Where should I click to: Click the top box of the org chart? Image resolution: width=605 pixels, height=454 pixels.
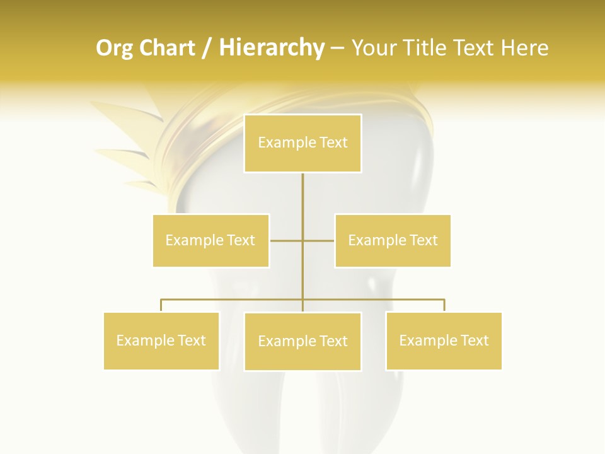coord(302,143)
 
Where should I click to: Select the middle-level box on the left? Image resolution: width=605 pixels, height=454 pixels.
coord(210,240)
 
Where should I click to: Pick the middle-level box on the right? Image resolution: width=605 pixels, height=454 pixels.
coord(393,240)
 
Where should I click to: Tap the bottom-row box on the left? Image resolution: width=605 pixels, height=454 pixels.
coord(161,340)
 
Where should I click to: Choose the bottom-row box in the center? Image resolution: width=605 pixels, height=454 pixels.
coord(302,341)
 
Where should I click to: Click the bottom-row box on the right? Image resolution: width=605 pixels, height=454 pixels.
coord(444,340)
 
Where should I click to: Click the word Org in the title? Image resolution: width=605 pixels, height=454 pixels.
coord(115,48)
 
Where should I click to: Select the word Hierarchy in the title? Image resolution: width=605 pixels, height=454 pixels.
coord(272,48)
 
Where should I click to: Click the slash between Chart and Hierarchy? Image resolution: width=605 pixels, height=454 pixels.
coord(207,49)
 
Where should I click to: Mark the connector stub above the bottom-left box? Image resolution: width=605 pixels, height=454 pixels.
coord(161,305)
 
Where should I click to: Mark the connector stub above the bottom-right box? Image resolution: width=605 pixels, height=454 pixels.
coord(444,305)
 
